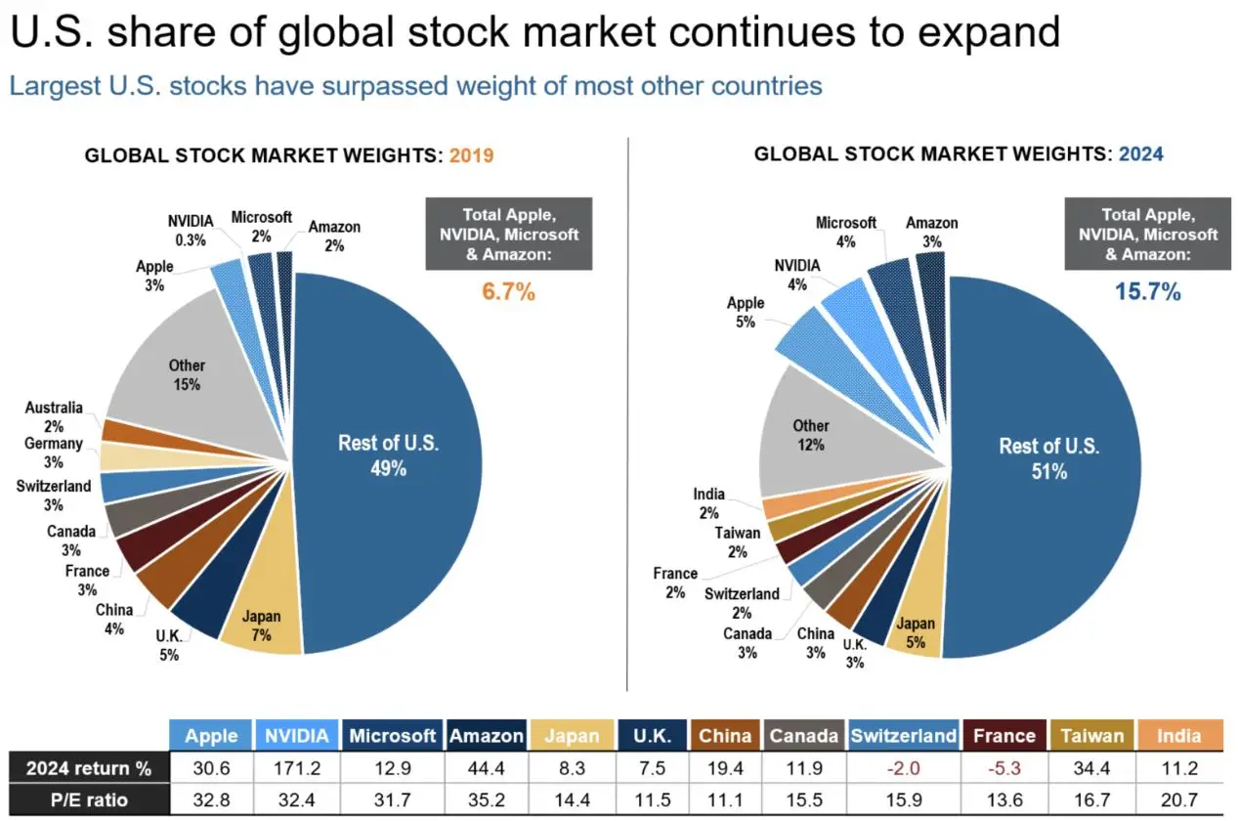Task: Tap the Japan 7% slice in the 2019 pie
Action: [x=261, y=627]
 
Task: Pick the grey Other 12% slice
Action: [x=810, y=435]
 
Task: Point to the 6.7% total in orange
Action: [x=508, y=291]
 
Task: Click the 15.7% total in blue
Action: [x=1148, y=291]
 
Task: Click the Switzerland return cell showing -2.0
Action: [x=904, y=767]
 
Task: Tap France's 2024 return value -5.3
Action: [x=1003, y=767]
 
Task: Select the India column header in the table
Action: [x=1177, y=735]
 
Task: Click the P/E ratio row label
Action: [x=88, y=799]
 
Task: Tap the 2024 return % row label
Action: [x=88, y=767]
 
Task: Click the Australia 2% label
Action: [x=54, y=416]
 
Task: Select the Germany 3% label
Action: [x=54, y=453]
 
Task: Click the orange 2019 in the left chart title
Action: [x=472, y=155]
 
